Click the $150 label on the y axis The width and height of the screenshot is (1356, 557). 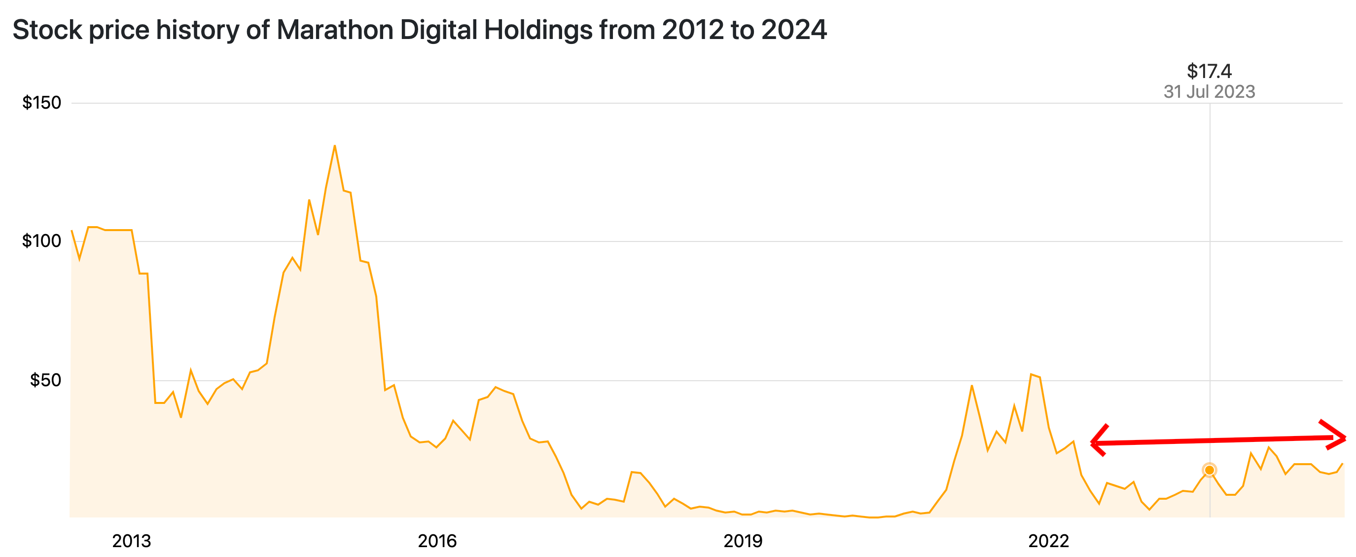point(41,102)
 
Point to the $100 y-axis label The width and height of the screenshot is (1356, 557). point(41,241)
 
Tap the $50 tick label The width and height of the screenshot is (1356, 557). point(45,379)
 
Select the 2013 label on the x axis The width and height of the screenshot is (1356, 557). point(132,541)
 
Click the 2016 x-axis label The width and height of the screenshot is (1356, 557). point(437,541)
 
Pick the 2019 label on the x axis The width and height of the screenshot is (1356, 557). point(743,541)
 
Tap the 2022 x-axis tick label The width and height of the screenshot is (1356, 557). point(1049,541)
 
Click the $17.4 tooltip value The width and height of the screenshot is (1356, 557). point(1209,71)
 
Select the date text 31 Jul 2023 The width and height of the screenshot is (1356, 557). point(1209,92)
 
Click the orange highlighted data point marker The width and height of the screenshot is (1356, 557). point(1210,470)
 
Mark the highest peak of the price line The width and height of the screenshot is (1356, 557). point(335,146)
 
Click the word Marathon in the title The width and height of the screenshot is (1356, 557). point(335,30)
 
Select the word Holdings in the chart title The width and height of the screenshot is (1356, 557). point(538,30)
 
